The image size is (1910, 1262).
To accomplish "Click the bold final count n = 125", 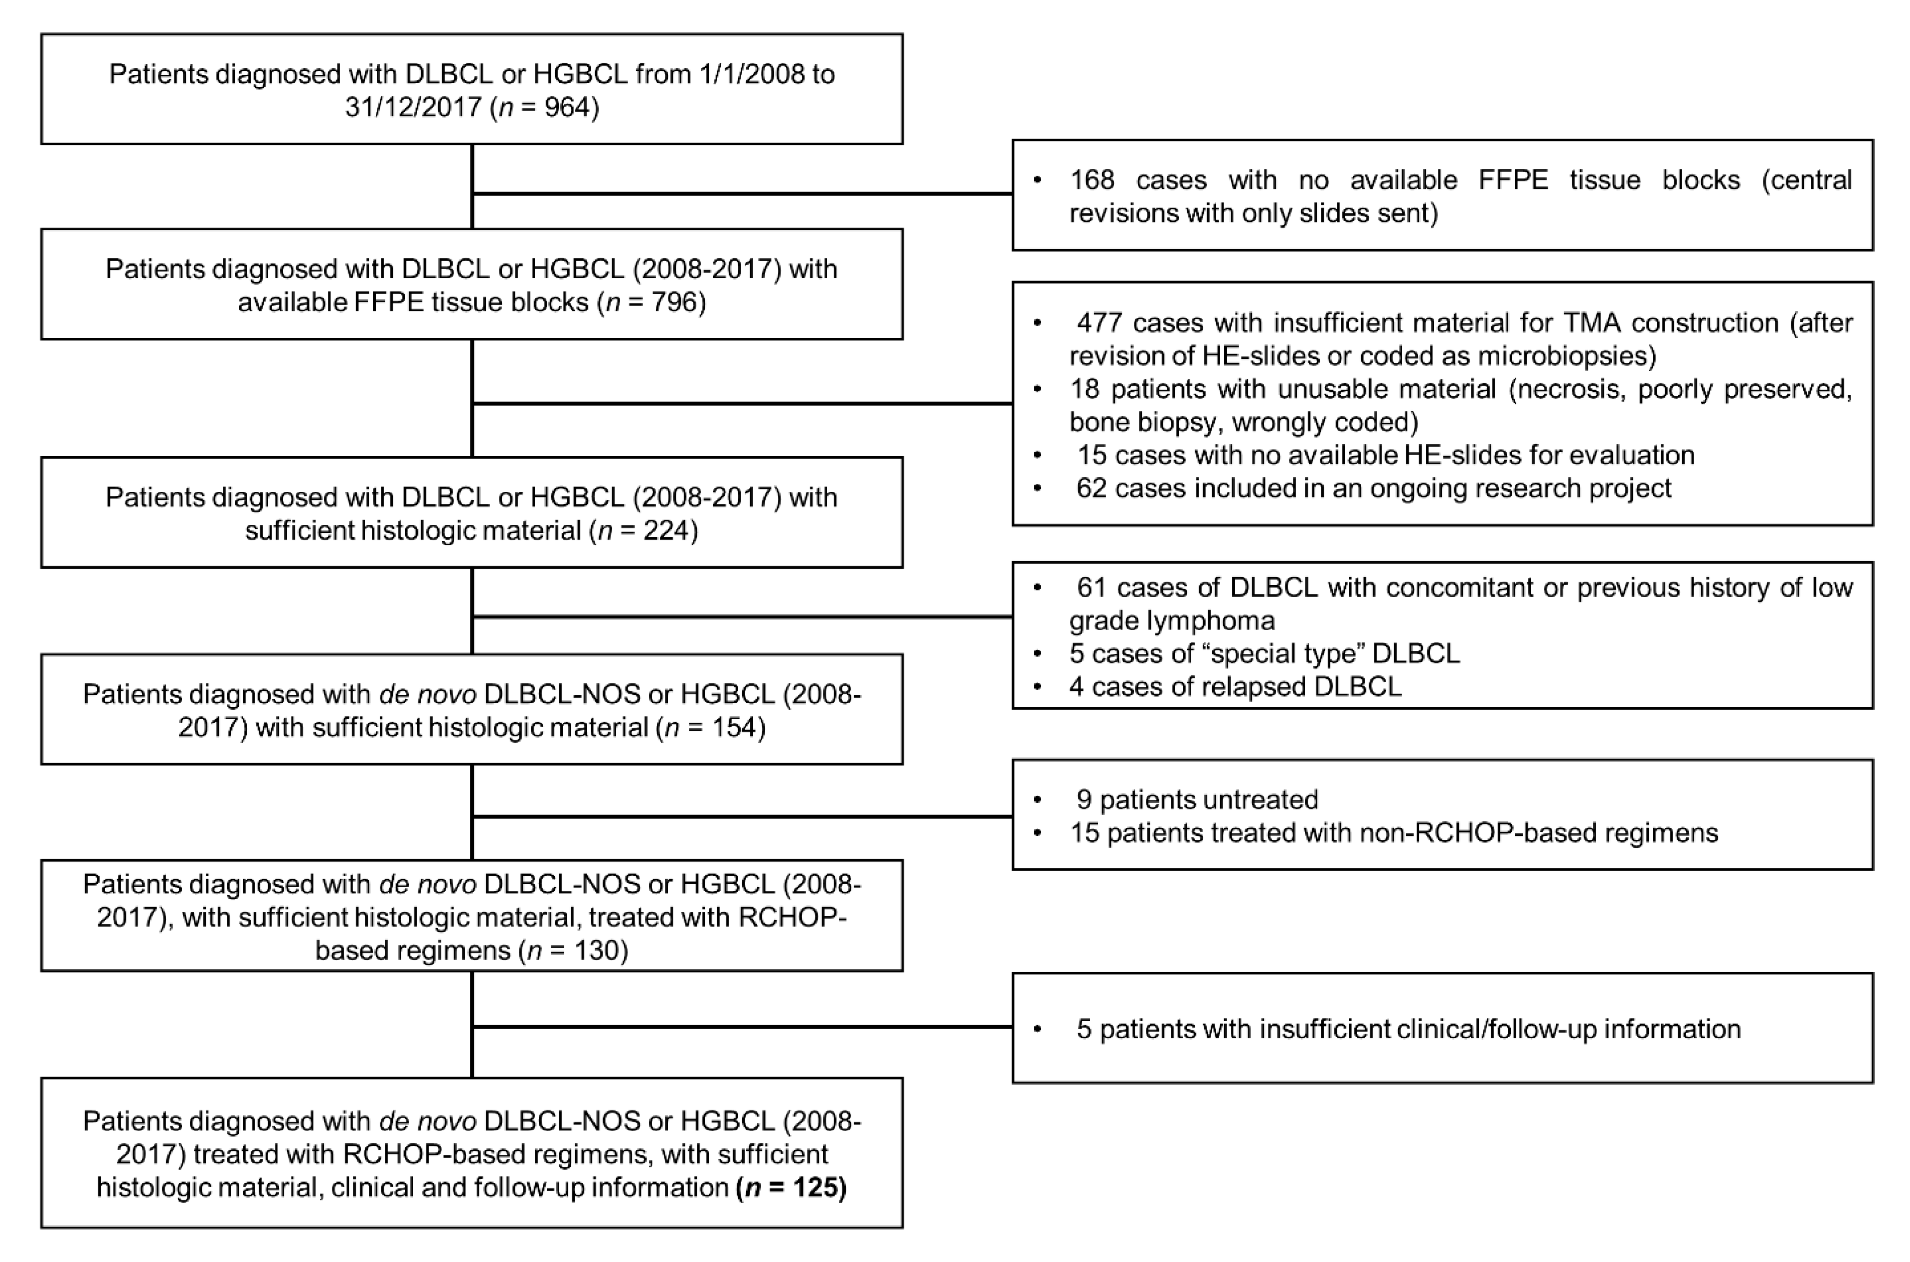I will tap(791, 1188).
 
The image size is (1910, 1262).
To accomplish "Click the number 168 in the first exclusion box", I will tap(1092, 180).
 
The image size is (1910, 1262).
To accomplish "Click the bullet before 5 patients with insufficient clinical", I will tap(1038, 1030).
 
